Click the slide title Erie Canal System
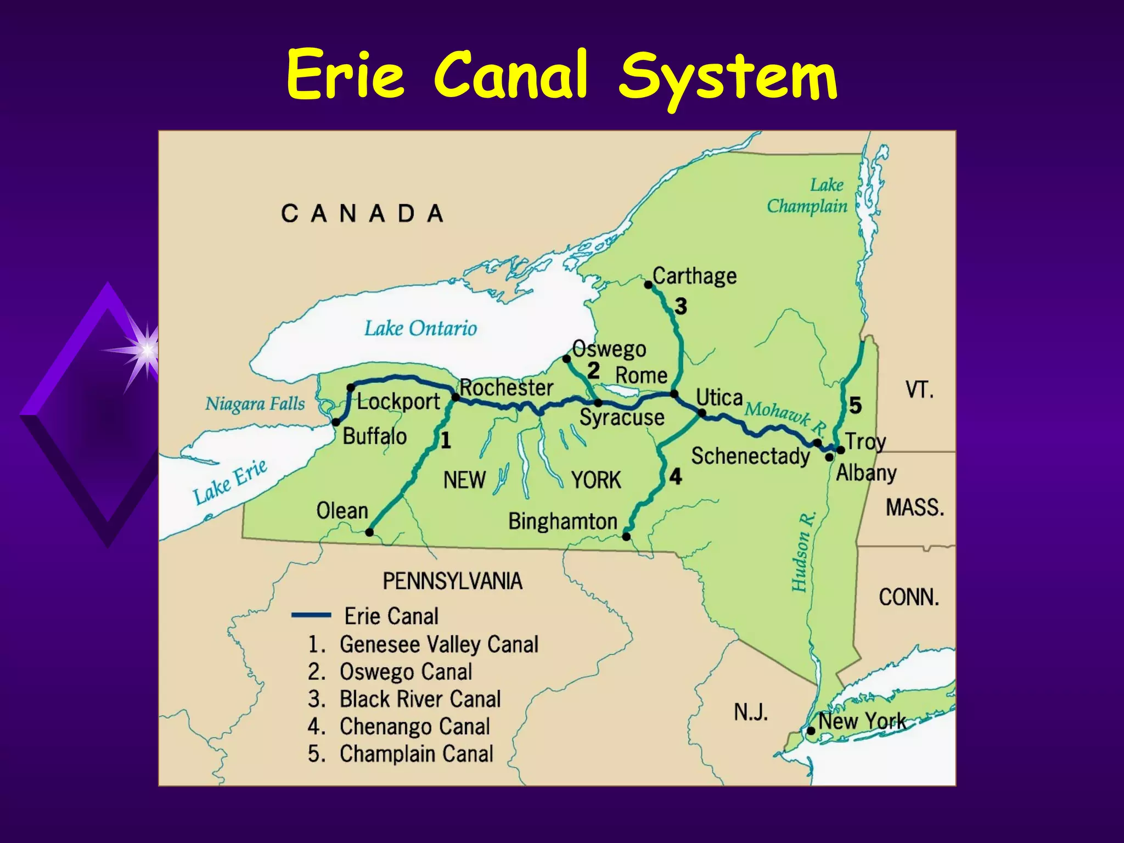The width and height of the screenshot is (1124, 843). (561, 75)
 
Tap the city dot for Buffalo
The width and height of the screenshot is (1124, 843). (336, 422)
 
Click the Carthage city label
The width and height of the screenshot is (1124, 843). (694, 276)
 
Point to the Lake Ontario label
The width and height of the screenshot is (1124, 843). (421, 328)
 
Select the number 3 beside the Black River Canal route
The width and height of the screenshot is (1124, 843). (681, 306)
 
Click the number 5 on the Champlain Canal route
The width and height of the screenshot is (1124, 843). (855, 406)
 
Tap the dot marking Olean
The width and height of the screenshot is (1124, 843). (369, 532)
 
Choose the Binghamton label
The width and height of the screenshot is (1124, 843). (563, 521)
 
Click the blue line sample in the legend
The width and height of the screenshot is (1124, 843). (311, 615)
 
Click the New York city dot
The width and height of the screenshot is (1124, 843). (811, 731)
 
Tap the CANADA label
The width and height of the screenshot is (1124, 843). (362, 213)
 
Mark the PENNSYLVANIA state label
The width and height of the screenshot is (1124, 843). (452, 581)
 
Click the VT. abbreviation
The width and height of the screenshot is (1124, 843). (919, 390)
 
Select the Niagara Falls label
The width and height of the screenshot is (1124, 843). (255, 404)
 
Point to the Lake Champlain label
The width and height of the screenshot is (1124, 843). (807, 195)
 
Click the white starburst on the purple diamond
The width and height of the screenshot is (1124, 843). (147, 349)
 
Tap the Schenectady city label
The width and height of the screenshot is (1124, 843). (750, 456)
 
